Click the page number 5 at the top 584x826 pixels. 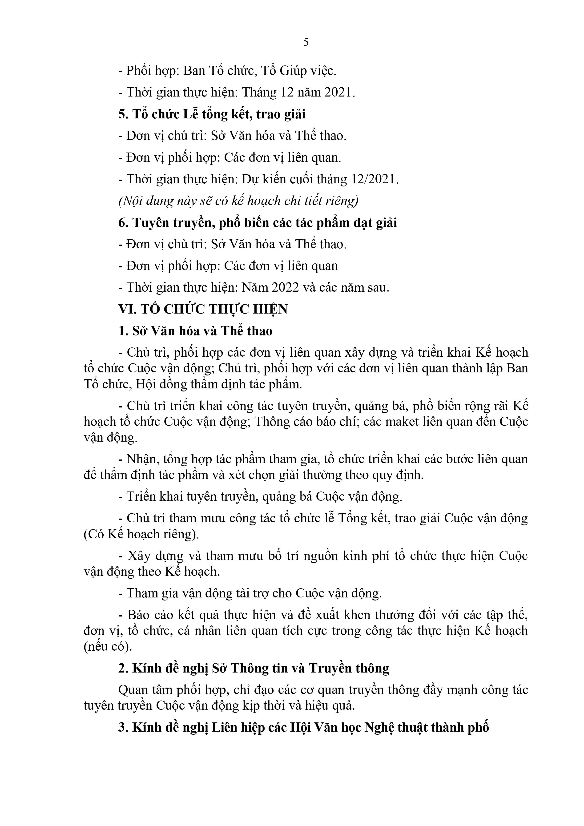[x=306, y=42]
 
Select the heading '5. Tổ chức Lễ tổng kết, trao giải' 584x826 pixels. [x=212, y=114]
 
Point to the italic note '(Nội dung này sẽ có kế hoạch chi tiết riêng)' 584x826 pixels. [x=238, y=201]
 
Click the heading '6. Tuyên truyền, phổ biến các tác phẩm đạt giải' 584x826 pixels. [x=258, y=223]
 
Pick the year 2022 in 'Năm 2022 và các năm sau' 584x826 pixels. [x=285, y=287]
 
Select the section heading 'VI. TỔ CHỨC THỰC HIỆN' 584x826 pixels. [x=203, y=309]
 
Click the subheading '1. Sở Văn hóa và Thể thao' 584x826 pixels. [x=195, y=331]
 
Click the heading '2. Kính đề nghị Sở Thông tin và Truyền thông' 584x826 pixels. [x=254, y=668]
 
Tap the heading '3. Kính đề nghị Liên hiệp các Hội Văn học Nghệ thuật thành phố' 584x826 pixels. [x=303, y=727]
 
